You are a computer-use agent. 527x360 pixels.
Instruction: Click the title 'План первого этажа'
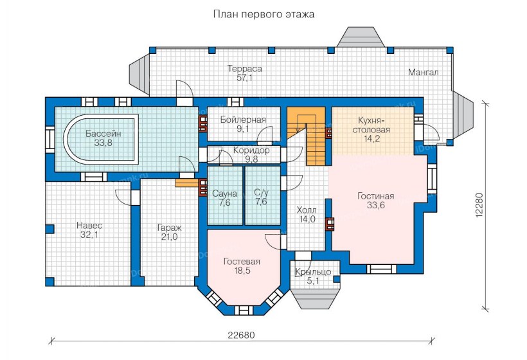point(263,14)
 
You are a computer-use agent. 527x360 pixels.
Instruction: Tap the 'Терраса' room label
point(244,68)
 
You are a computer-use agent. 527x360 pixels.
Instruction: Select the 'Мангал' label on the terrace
point(423,73)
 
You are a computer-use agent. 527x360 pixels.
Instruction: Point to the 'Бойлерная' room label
point(242,120)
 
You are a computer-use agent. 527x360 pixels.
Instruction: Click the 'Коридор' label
point(242,150)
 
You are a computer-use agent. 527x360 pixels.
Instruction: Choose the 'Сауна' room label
point(224,194)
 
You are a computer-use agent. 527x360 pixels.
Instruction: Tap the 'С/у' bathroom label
point(261,192)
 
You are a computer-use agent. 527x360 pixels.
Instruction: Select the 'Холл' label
point(306,210)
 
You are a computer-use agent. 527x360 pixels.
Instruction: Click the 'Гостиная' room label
point(376,196)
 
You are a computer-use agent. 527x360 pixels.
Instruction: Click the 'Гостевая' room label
point(242,262)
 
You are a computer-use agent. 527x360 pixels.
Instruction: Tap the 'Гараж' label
point(168,227)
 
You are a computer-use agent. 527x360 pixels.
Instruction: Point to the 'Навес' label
point(89,226)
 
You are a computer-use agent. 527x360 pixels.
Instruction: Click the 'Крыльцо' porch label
point(313,272)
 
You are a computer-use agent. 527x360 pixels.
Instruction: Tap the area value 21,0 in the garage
point(168,237)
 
